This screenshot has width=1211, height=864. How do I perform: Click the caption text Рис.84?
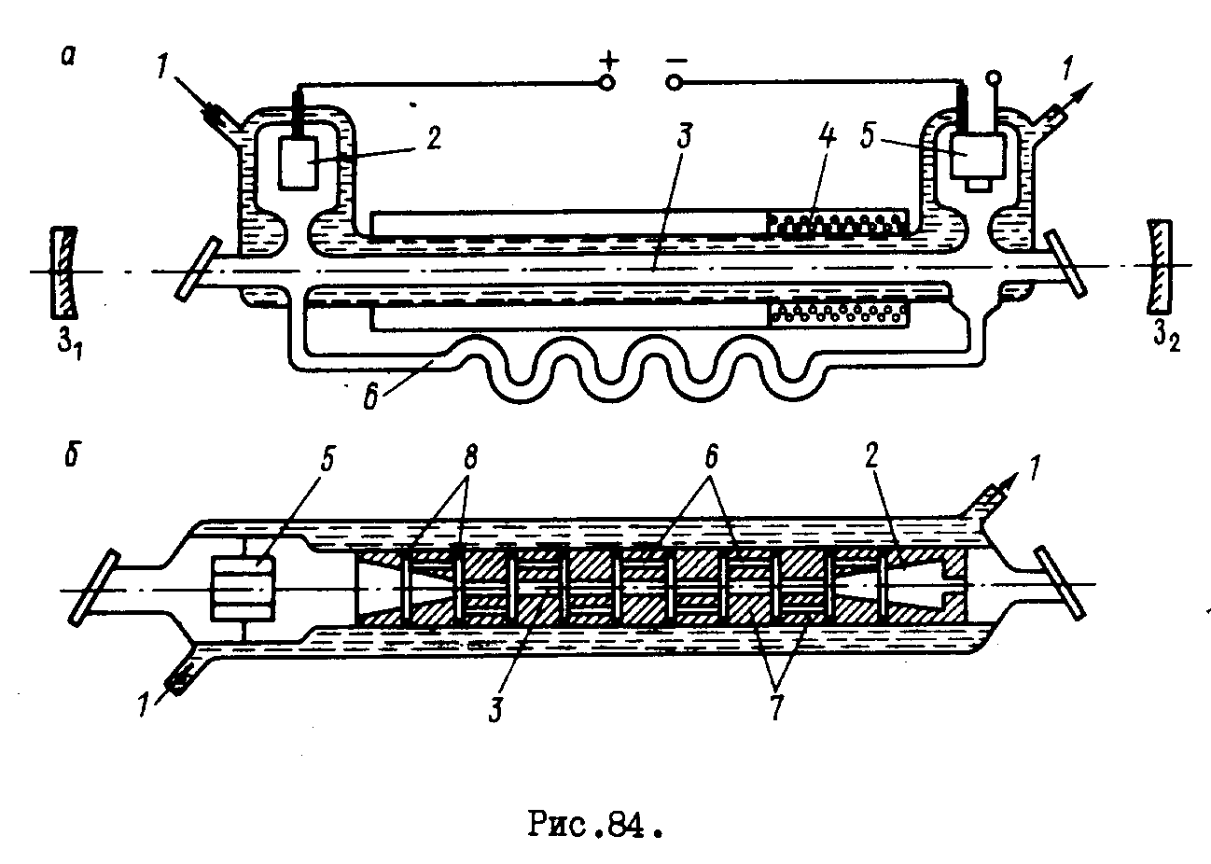pos(599,825)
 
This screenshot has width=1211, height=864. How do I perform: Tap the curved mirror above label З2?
pos(1158,266)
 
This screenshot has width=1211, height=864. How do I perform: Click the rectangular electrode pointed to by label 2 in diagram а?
pos(299,164)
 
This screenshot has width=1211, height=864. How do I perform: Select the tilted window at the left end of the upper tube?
pos(198,269)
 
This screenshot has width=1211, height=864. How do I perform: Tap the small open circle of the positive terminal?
pos(607,83)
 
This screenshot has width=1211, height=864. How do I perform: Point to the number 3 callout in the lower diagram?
pos(494,705)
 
